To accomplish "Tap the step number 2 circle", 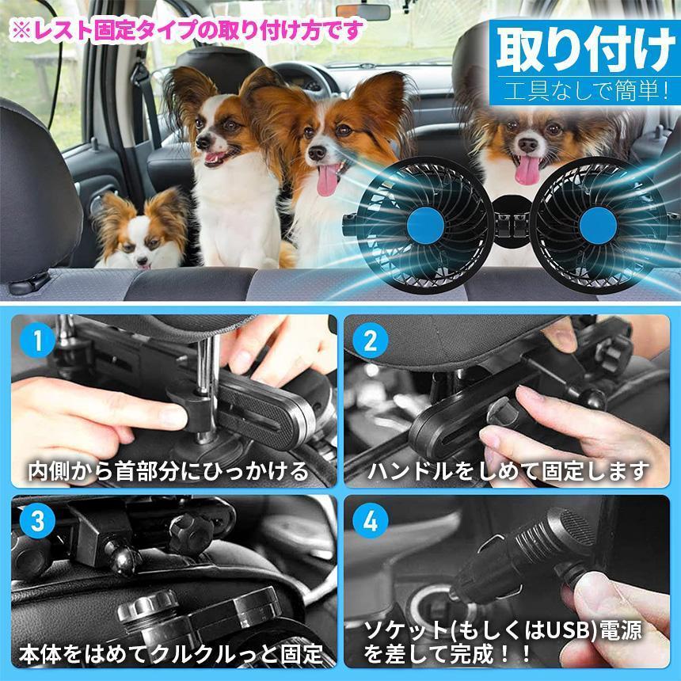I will coord(371,343).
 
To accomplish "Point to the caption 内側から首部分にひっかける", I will coord(167,472).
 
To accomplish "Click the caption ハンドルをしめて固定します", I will coord(508,472).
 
